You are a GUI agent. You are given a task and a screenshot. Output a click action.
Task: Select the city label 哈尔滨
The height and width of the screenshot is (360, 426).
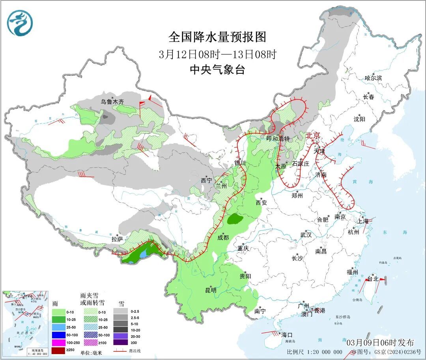click(373, 78)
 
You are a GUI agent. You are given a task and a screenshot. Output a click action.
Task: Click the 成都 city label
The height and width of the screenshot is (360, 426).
click(223, 237)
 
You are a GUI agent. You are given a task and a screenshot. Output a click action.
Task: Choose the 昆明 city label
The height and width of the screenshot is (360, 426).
click(211, 290)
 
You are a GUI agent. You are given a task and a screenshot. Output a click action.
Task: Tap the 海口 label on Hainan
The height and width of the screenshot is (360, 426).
click(287, 335)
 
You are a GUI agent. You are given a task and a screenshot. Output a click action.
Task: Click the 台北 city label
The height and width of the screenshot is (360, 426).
click(373, 279)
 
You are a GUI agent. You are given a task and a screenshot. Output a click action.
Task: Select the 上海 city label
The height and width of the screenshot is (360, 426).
click(363, 221)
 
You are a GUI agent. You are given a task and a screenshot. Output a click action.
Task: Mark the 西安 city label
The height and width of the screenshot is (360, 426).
click(262, 203)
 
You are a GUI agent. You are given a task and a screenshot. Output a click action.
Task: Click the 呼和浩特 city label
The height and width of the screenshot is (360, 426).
click(278, 139)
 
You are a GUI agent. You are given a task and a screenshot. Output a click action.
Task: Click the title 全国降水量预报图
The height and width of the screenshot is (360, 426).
click(217, 37)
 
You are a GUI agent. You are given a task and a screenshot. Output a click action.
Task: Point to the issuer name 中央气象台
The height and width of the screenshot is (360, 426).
click(217, 70)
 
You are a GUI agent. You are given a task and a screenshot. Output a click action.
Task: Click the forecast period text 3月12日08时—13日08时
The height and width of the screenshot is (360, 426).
click(217, 54)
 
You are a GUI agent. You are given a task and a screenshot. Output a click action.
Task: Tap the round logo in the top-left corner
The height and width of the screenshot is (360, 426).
click(19, 23)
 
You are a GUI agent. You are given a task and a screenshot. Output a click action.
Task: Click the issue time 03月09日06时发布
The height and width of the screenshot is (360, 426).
click(380, 342)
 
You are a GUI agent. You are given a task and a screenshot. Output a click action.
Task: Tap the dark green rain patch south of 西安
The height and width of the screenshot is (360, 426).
click(236, 218)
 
